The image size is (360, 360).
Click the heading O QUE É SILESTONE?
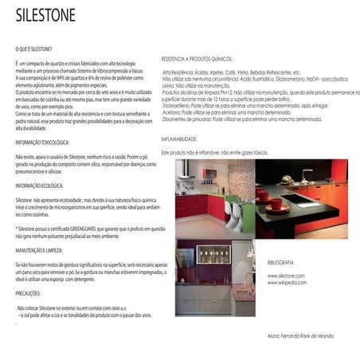point(33,49)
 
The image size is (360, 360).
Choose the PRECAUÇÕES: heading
point(33,292)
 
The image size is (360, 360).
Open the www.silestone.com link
point(286,276)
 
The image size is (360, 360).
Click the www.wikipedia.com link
point(287,283)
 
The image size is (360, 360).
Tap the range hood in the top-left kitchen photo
point(184,170)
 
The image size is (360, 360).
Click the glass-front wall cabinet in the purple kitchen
point(213,254)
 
